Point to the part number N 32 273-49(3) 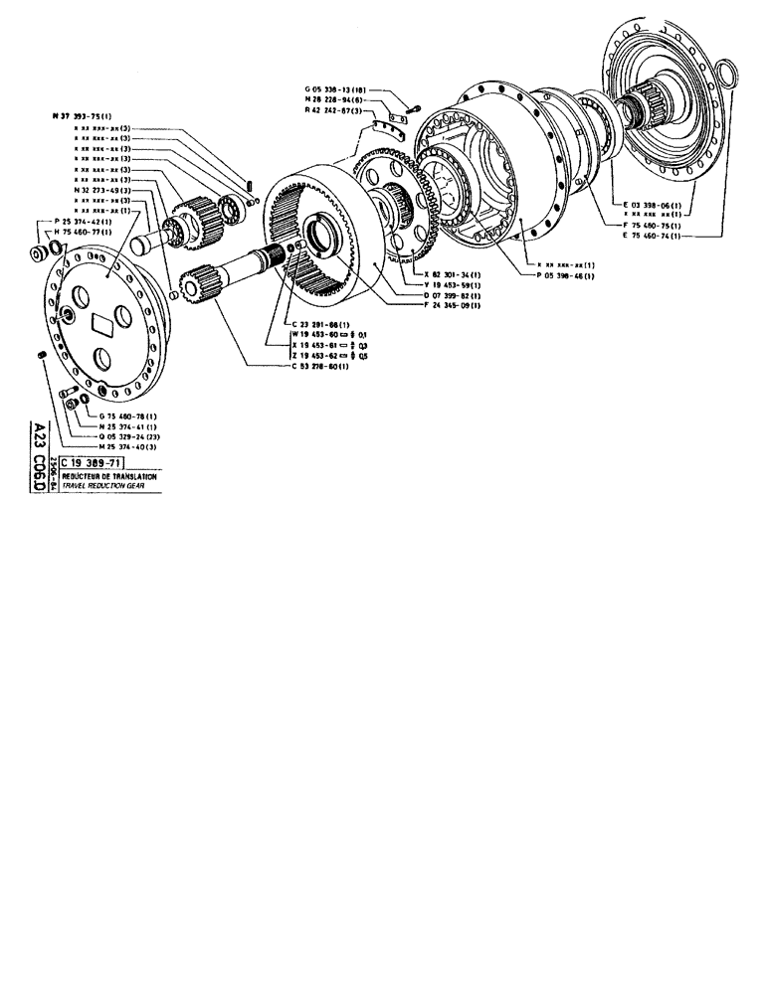coord(105,189)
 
